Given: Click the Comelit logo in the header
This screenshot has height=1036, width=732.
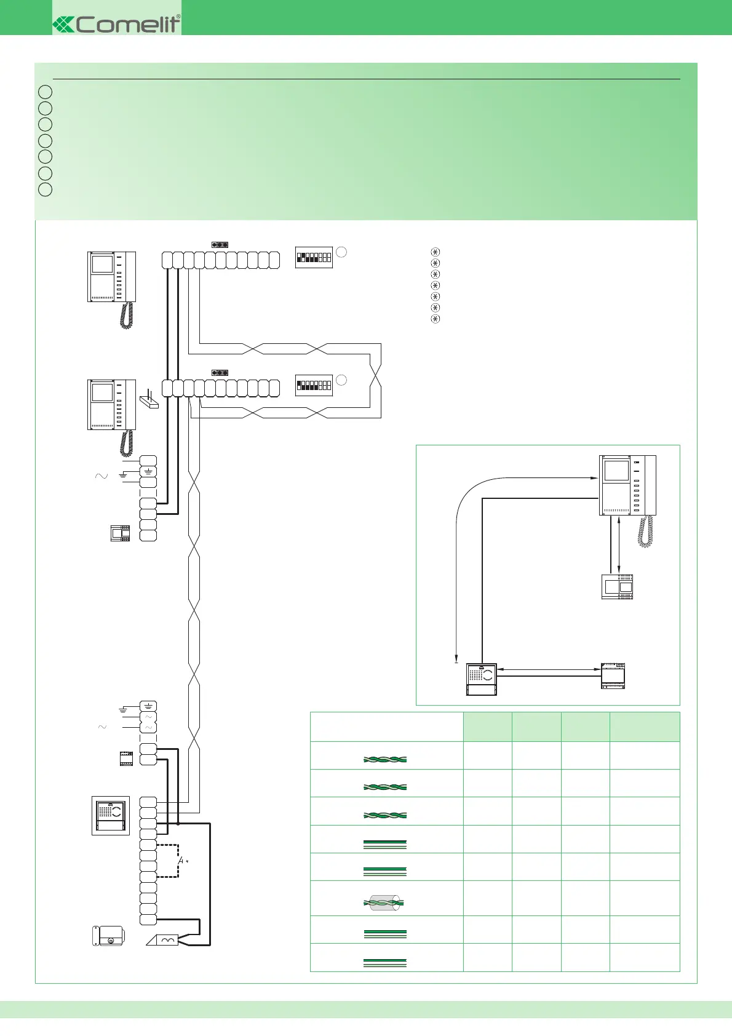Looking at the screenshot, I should click(x=117, y=24).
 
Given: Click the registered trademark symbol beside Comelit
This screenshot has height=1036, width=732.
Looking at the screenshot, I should click(x=178, y=17).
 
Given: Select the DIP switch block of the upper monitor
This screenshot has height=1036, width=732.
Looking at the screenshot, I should click(x=314, y=258).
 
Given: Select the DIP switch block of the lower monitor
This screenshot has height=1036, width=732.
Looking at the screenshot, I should click(x=314, y=385).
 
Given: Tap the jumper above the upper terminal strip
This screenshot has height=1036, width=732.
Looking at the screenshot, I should click(x=220, y=245).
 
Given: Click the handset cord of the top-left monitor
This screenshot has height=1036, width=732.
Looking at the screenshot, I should click(x=127, y=315).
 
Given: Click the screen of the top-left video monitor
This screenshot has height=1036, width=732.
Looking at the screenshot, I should click(x=102, y=264).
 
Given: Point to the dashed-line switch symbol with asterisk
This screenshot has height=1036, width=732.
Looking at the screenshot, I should click(x=180, y=861).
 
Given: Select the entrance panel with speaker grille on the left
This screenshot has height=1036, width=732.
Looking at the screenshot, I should click(x=111, y=815).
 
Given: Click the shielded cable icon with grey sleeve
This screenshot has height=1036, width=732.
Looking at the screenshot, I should click(x=384, y=903).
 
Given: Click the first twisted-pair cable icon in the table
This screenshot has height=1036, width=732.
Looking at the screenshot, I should click(x=385, y=759).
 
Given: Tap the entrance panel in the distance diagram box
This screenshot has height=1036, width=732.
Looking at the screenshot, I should click(x=482, y=679).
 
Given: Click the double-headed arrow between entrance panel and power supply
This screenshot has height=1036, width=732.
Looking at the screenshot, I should click(x=548, y=669).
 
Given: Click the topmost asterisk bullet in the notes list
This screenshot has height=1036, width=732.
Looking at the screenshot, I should click(x=436, y=252).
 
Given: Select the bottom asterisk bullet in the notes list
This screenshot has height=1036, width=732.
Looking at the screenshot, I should click(x=436, y=319).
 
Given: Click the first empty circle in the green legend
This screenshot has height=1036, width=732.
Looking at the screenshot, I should click(x=45, y=92).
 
